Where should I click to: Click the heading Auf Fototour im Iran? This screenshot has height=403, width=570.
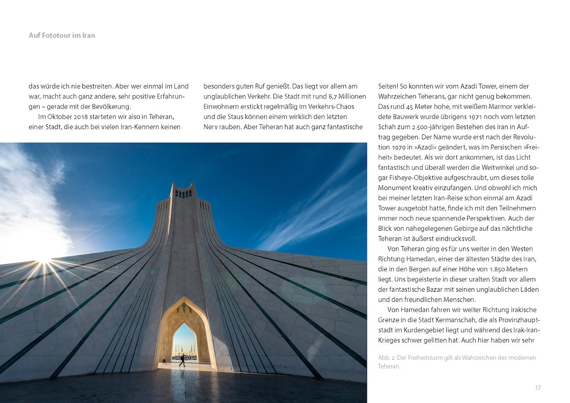62,35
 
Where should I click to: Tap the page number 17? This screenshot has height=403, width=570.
538,388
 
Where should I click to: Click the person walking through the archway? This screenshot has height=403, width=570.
182,360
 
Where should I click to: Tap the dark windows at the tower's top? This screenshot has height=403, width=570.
183,193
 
